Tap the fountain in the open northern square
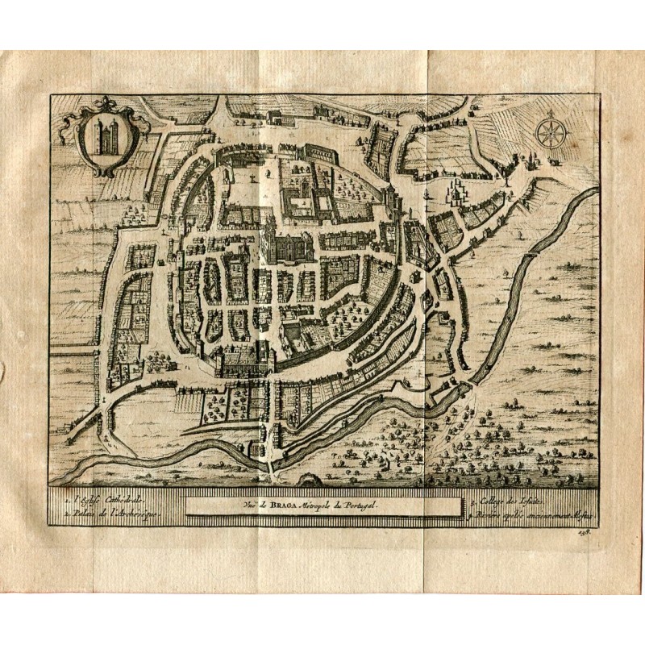(254, 174)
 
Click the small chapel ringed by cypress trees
(457, 192)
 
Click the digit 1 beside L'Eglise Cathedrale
(70, 501)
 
